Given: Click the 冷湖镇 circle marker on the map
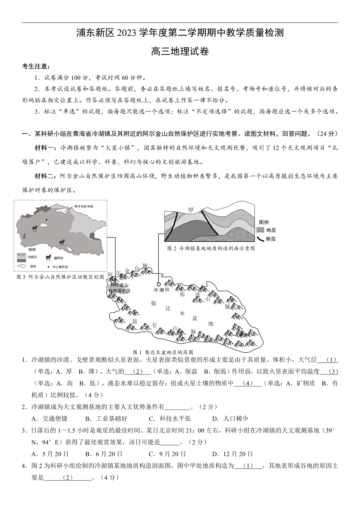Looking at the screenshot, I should [x=158, y=284].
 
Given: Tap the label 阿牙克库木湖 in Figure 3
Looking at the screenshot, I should [x=84, y=207].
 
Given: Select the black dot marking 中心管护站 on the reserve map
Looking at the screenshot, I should [x=46, y=220].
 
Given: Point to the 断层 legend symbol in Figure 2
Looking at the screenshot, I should [x=260, y=239].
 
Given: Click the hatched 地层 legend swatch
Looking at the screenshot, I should [x=260, y=230].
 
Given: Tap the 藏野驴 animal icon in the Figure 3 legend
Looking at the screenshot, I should [x=48, y=257].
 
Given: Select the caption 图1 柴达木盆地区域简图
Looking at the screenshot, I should [x=163, y=352].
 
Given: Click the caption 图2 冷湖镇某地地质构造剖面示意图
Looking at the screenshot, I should [x=211, y=248].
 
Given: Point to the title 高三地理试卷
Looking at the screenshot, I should [x=180, y=51].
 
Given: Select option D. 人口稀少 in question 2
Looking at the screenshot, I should [x=230, y=418].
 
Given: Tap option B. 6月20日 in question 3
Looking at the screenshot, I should [x=104, y=454].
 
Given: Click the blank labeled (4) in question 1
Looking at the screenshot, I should [x=247, y=383].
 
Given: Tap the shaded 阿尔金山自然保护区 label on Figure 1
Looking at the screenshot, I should [x=119, y=288].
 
